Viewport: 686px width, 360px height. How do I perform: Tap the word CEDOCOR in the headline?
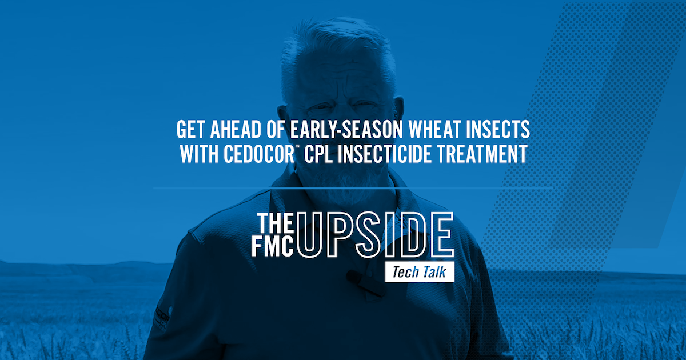pos(259,154)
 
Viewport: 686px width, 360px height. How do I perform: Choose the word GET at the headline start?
pos(190,130)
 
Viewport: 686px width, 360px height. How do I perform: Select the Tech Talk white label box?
pos(420,272)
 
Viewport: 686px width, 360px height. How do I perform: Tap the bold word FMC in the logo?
pos(273,246)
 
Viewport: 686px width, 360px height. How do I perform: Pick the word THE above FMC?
pos(276,223)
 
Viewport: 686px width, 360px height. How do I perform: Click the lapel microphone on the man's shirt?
pos(365,284)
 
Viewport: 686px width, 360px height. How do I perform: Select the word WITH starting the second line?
pos(199,154)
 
